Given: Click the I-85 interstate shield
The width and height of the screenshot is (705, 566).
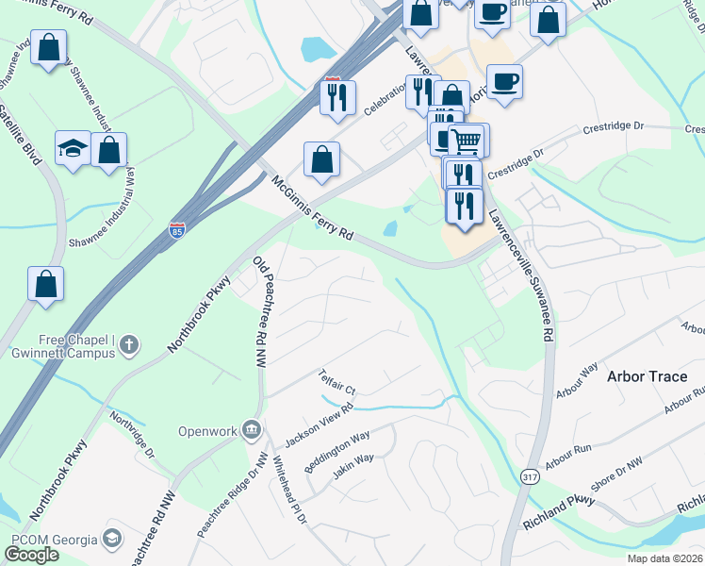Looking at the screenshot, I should pyautogui.click(x=177, y=228).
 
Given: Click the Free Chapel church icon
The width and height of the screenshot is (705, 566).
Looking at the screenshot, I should pyautogui.click(x=131, y=345).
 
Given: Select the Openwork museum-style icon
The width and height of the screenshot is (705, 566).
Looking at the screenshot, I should pyautogui.click(x=252, y=431).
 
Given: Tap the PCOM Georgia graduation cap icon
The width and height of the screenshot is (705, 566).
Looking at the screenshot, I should pyautogui.click(x=112, y=540).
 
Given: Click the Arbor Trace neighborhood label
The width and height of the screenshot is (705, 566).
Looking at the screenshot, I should pyautogui.click(x=647, y=376).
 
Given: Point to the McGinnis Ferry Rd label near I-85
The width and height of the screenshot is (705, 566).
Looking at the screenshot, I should pyautogui.click(x=311, y=208).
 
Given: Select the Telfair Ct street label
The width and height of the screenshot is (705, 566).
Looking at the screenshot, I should pyautogui.click(x=337, y=381).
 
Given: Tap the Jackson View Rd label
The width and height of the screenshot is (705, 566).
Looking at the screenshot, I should pyautogui.click(x=318, y=424).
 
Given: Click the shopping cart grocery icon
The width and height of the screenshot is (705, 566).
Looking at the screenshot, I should pyautogui.click(x=467, y=141).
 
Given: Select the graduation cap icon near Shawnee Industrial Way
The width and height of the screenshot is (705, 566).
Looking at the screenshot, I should pyautogui.click(x=72, y=148).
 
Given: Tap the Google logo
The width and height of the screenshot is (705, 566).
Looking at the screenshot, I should pyautogui.click(x=31, y=555).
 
